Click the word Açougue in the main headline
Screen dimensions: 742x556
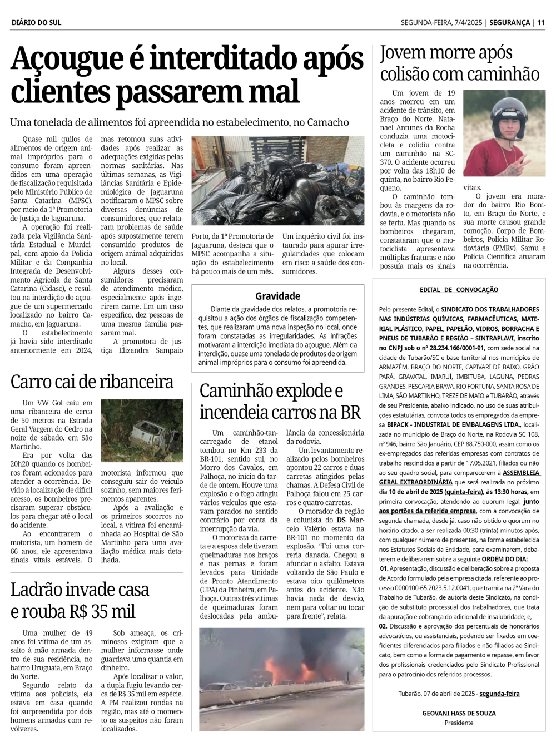[x=67, y=60]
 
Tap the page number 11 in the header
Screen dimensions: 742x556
[x=541, y=23]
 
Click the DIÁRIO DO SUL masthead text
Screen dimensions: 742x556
[x=36, y=23]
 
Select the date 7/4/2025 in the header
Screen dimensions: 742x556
[x=468, y=23]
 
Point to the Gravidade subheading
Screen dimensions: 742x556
[x=277, y=296]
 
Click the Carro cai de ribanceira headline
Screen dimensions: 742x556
[x=92, y=382]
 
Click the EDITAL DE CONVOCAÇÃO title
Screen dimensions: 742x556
[x=459, y=290]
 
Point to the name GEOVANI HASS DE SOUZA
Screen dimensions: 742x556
[x=459, y=713]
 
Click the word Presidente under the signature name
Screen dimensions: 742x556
[x=459, y=723]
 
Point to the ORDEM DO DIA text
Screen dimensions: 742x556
[x=505, y=559]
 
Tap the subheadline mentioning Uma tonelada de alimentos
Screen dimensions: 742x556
[x=180, y=122]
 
